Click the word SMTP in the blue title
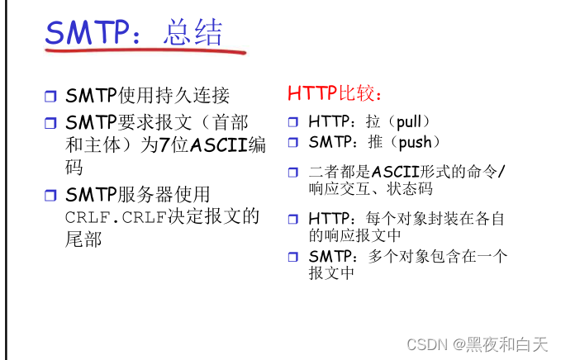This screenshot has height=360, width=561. tap(88, 32)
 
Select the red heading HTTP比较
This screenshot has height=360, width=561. tap(335, 93)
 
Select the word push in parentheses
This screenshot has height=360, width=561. tap(416, 142)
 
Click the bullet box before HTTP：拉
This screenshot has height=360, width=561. tap(292, 122)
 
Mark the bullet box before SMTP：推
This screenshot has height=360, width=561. tap(292, 143)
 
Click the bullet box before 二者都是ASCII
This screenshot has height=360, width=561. tap(292, 173)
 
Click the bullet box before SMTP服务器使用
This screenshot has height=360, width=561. tap(51, 196)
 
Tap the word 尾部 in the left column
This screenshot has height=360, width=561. tap(83, 239)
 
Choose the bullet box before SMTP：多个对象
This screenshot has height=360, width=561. tap(292, 257)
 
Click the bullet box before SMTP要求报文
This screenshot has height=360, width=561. tap(51, 125)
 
